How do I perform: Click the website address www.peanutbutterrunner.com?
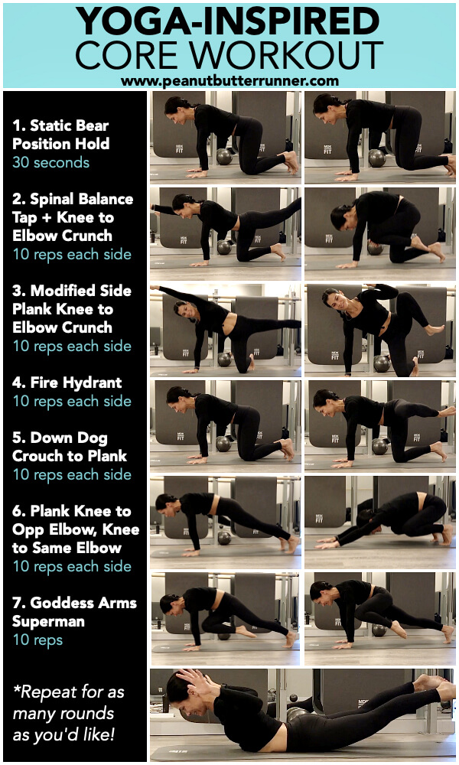229,80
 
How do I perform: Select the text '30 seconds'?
51,162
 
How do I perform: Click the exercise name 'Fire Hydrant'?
76,382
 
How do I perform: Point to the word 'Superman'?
41,621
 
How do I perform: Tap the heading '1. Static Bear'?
60,125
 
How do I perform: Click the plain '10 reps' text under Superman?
37,640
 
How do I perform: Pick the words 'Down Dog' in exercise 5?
69,438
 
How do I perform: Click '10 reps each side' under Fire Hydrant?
72,402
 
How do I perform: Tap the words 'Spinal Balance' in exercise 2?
81,199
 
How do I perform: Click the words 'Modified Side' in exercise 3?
81,291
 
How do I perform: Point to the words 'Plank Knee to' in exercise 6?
80,511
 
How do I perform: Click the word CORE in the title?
129,55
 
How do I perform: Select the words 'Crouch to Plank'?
70,456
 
